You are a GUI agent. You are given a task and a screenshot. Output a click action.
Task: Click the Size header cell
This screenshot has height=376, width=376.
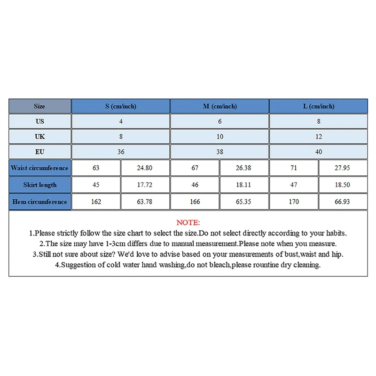pyautogui.click(x=39, y=106)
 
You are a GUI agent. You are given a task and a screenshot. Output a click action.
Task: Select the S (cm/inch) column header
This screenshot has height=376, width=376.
pyautogui.click(x=121, y=106)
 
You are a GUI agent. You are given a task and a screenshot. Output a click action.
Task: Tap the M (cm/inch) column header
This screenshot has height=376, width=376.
pyautogui.click(x=219, y=106)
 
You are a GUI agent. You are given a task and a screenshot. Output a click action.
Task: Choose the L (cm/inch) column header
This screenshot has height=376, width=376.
pyautogui.click(x=318, y=106)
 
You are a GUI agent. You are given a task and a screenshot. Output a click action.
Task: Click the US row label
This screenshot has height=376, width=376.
pyautogui.click(x=39, y=121)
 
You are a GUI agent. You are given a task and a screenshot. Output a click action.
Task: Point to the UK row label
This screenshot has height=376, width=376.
pyautogui.click(x=39, y=136)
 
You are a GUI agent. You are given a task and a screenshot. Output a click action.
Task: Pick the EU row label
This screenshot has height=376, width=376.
pyautogui.click(x=39, y=152)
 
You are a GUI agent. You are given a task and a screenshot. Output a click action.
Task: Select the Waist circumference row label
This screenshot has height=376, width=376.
pyautogui.click(x=39, y=168)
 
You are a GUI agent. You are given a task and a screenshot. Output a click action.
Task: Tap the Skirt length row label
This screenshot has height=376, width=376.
pyautogui.click(x=39, y=185)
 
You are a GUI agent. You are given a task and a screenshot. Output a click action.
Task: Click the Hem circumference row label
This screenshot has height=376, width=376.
pyautogui.click(x=39, y=202)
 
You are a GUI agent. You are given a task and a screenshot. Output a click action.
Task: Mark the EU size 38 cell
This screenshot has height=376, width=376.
pyautogui.click(x=219, y=152)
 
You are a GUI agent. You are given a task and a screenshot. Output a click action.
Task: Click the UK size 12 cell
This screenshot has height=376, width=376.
pyautogui.click(x=318, y=136)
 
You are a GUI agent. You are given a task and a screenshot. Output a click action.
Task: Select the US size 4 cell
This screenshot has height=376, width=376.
pyautogui.click(x=121, y=121)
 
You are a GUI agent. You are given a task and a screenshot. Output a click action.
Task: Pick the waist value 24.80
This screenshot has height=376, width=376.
pyautogui.click(x=145, y=168)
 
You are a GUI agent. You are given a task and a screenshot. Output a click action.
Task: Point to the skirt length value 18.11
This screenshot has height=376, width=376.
pyautogui.click(x=243, y=185)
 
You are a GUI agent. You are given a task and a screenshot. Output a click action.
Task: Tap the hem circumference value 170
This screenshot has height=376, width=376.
pyautogui.click(x=294, y=202)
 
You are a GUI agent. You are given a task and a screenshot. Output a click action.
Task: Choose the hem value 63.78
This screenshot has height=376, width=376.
pyautogui.click(x=145, y=202)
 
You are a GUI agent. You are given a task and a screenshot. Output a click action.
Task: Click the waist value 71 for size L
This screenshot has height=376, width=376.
pyautogui.click(x=294, y=168)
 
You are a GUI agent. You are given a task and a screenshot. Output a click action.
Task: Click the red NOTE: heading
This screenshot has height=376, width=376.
pyautogui.click(x=188, y=222)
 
